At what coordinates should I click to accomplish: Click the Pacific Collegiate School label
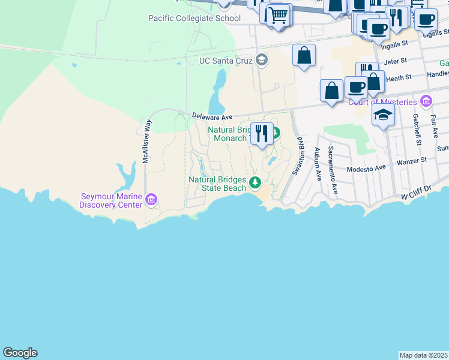tap(194, 18)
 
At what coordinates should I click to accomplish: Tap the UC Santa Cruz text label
tap(226, 61)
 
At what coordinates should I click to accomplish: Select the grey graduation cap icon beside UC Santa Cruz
tap(261, 60)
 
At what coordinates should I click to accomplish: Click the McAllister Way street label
tap(146, 141)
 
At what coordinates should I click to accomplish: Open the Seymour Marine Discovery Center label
tap(112, 200)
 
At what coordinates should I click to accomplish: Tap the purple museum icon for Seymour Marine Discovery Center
tap(151, 199)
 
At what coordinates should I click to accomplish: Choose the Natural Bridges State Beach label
tap(218, 184)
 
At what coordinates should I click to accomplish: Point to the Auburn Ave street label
tap(318, 163)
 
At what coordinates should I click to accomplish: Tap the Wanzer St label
tap(411, 160)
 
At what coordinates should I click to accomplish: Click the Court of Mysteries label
tap(382, 101)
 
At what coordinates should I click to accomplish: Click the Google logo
tap(20, 353)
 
